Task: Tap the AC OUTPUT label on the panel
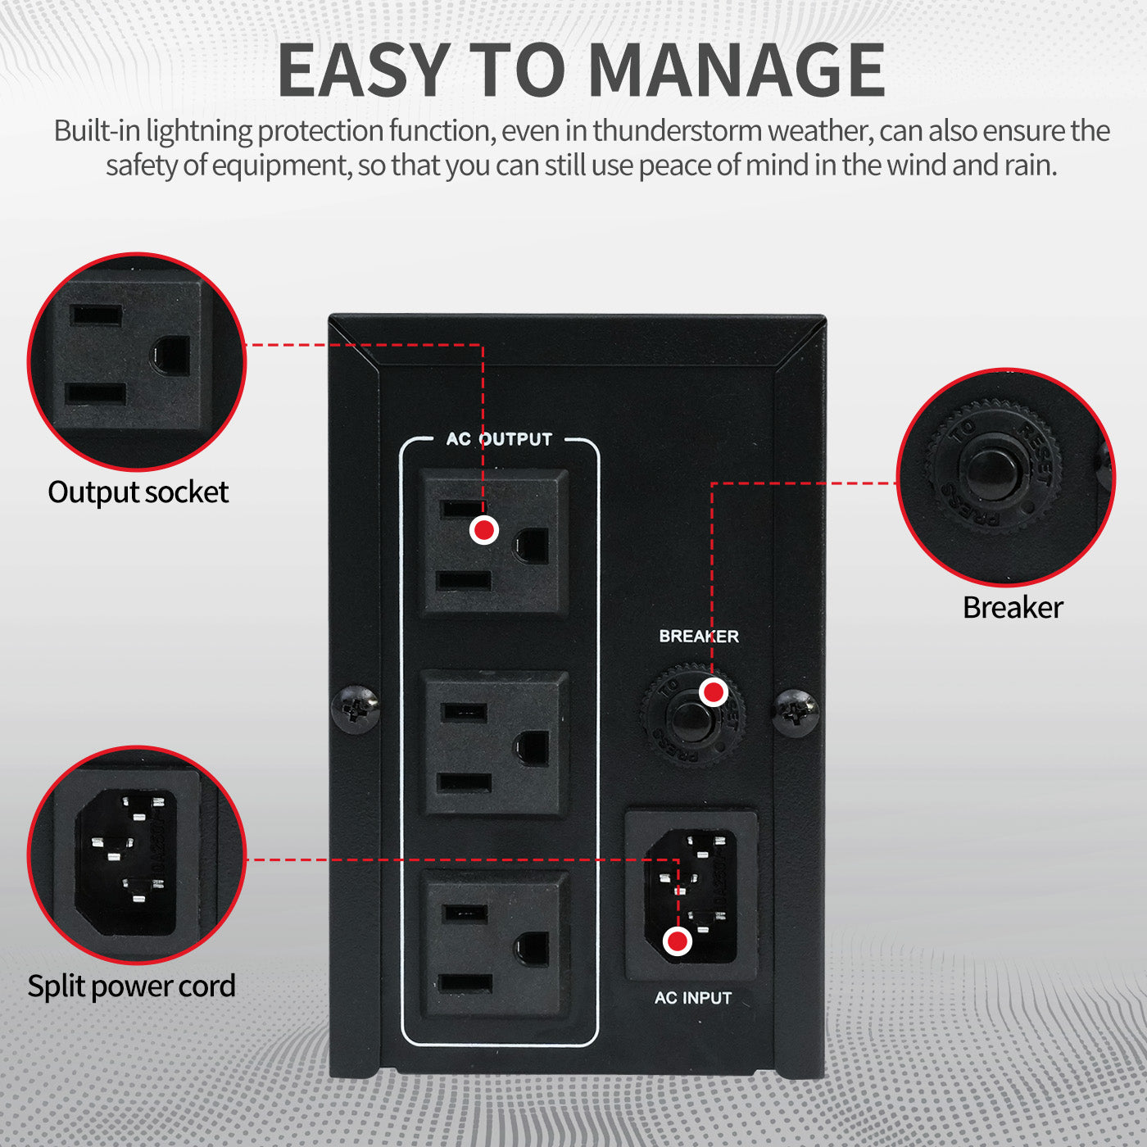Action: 499,439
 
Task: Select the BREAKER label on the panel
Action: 699,637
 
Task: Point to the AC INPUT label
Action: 693,998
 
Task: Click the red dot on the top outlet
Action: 484,529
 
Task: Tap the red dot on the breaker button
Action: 714,692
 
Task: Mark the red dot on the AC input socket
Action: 678,941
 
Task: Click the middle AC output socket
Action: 494,744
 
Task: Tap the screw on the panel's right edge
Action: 796,711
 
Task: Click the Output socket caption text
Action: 138,492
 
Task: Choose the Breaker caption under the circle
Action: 1013,608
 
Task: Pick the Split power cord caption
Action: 131,986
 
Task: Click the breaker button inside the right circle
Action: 993,471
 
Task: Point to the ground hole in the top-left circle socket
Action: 171,356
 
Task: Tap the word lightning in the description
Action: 199,131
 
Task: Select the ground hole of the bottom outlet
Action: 533,949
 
